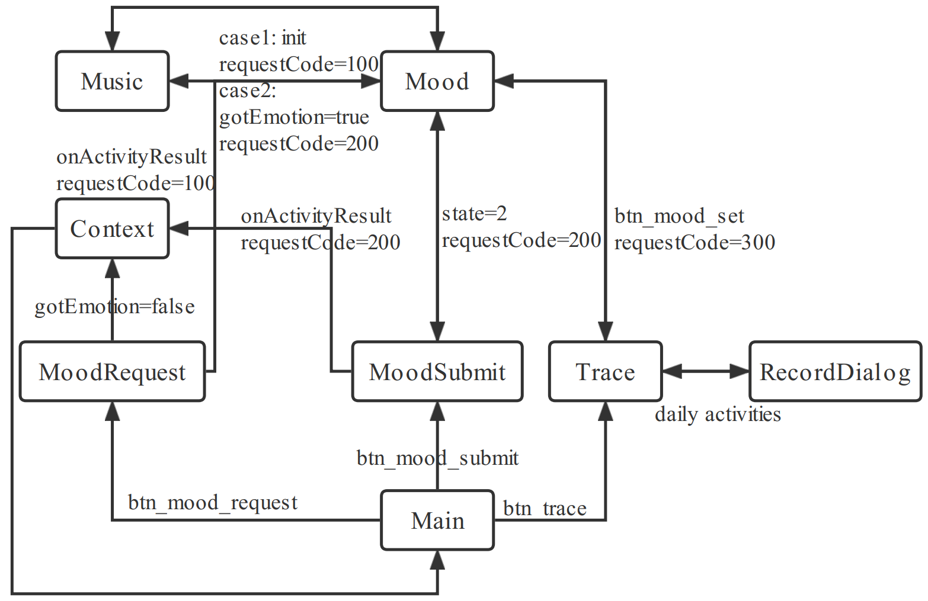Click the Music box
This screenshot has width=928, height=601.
pyautogui.click(x=112, y=81)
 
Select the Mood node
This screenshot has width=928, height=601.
pyautogui.click(x=437, y=81)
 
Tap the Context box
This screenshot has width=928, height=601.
pyautogui.click(x=112, y=229)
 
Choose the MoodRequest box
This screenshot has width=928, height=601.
pyautogui.click(x=112, y=372)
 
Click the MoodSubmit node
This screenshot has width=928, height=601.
pyautogui.click(x=437, y=372)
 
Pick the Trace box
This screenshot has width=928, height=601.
pyautogui.click(x=605, y=372)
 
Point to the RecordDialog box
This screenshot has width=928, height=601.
pyautogui.click(x=835, y=372)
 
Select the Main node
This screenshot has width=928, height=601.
pyautogui.click(x=437, y=520)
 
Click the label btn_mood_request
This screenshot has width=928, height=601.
pyautogui.click(x=213, y=502)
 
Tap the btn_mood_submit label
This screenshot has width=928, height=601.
pyautogui.click(x=437, y=458)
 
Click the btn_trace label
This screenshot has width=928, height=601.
pyautogui.click(x=545, y=508)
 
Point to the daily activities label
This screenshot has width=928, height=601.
pyautogui.click(x=718, y=414)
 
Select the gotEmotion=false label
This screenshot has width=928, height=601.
pyautogui.click(x=114, y=307)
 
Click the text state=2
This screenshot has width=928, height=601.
pyautogui.click(x=474, y=213)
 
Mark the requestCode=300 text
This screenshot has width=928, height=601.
pyautogui.click(x=695, y=242)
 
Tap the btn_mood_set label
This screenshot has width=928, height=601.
pyautogui.click(x=679, y=216)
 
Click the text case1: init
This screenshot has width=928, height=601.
pyautogui.click(x=263, y=38)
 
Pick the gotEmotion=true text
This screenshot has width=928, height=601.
pyautogui.click(x=294, y=117)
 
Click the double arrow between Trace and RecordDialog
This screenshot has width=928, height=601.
pyautogui.click(x=705, y=372)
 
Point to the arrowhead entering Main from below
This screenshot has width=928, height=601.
pyautogui.click(x=437, y=560)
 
